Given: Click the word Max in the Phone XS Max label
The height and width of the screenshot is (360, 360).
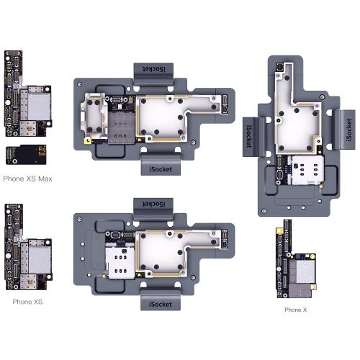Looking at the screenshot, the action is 45,179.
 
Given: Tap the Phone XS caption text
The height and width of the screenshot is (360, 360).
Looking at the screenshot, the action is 27,302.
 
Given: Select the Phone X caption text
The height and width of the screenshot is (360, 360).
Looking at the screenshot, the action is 296,310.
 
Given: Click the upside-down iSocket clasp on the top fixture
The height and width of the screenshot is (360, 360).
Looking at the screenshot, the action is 153,74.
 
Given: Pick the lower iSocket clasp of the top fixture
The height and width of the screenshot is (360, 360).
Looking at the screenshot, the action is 161,165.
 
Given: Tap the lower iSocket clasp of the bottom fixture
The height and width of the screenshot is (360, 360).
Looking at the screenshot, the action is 161,300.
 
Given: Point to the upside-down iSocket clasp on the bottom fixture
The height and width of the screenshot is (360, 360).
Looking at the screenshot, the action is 153,209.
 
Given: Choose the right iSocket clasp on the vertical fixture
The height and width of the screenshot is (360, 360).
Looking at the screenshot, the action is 345,130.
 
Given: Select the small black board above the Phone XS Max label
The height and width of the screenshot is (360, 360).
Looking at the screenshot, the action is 26,155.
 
